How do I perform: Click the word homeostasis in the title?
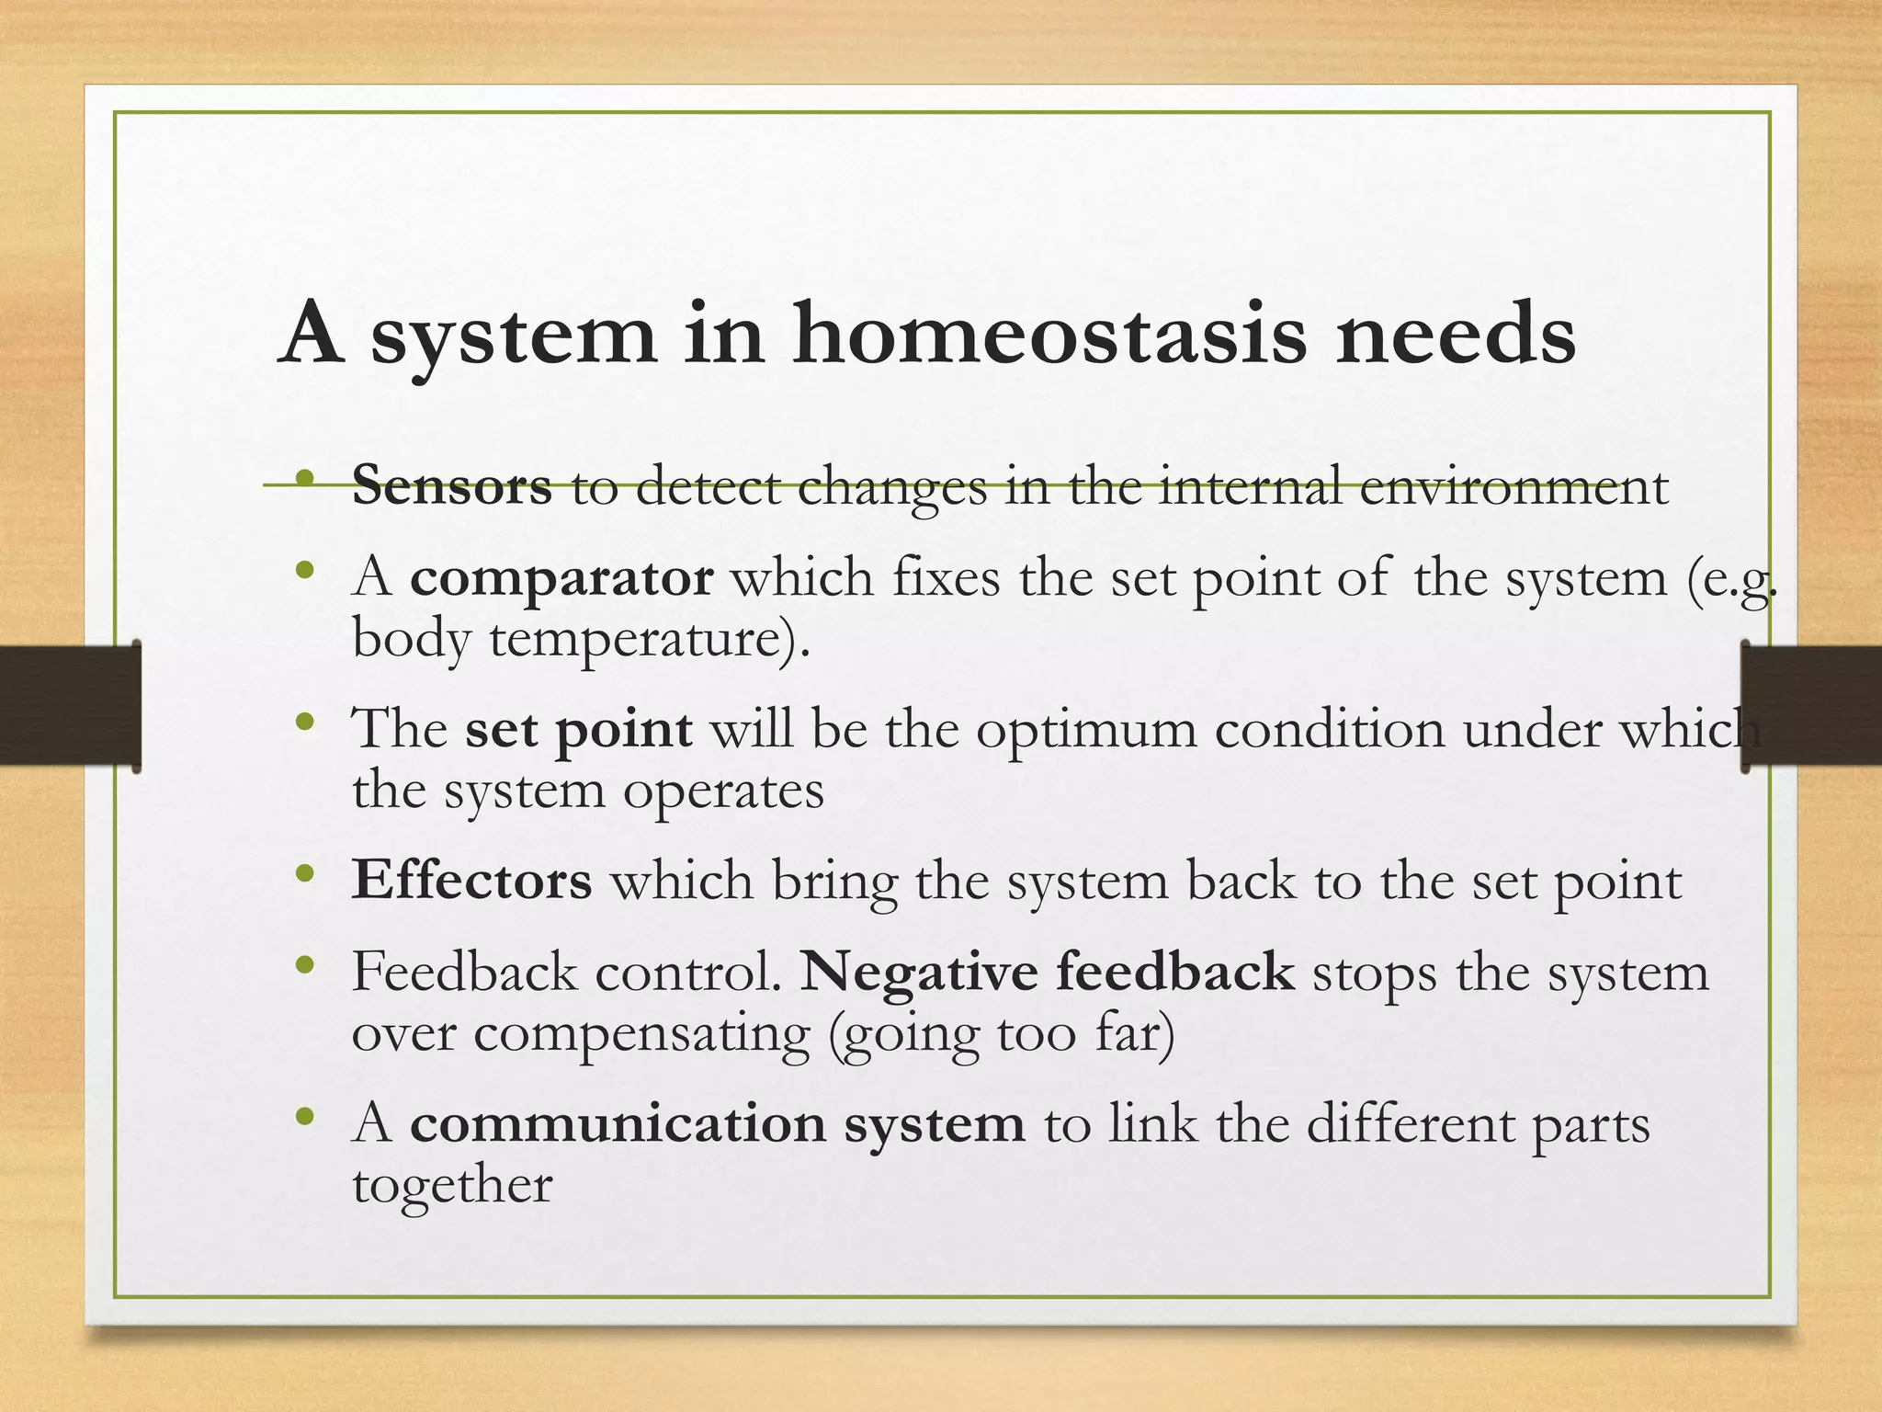[1048, 335]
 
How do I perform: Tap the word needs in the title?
[1456, 335]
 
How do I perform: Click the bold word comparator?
[561, 579]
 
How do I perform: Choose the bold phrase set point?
[578, 730]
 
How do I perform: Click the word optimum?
[1086, 732]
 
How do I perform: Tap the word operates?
[723, 791]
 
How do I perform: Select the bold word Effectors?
[471, 881]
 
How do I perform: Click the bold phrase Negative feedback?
[1047, 972]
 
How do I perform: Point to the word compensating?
[642, 1033]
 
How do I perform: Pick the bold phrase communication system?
[717, 1124]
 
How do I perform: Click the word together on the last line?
[452, 1185]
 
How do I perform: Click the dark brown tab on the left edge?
[69, 706]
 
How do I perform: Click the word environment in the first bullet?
[1513, 487]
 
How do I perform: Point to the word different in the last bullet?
[1410, 1124]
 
